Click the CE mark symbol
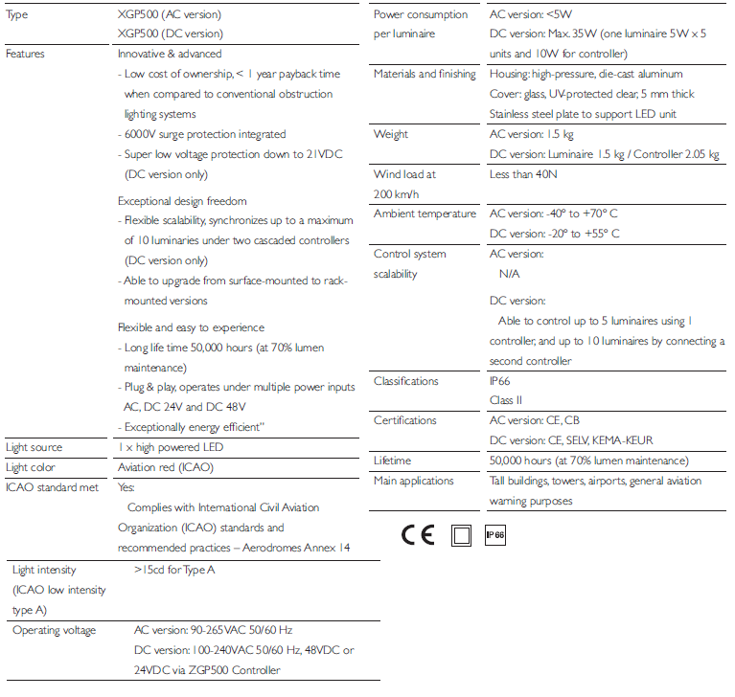418,535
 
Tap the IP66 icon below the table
494,535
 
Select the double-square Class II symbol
462,535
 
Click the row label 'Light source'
34,447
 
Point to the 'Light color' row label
31,467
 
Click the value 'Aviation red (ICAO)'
165,467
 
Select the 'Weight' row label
390,134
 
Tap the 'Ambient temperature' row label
425,214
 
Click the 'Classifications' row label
405,381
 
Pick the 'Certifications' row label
404,420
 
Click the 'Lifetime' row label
392,461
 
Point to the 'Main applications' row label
413,481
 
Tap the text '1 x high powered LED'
172,447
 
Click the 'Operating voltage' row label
54,630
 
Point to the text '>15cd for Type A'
174,570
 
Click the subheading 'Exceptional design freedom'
182,201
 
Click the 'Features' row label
25,54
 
